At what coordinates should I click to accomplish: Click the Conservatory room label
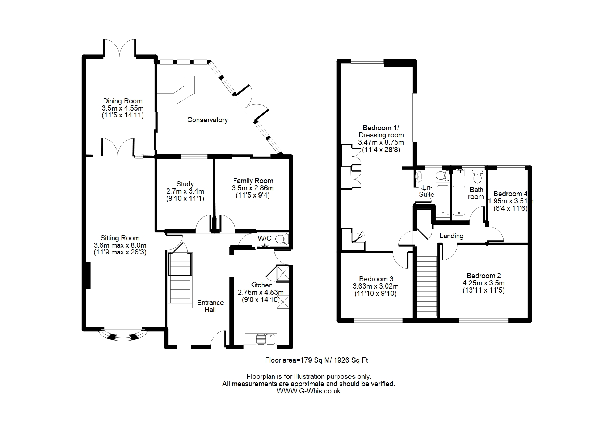[x=207, y=120]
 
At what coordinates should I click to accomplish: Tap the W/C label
[x=265, y=238]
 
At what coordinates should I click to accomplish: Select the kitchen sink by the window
[x=266, y=339]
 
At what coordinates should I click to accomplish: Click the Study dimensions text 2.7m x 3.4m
[x=185, y=191]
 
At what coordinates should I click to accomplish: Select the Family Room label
[x=253, y=181]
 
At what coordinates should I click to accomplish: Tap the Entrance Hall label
[x=210, y=306]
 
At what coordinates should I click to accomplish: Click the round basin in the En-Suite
[x=419, y=177]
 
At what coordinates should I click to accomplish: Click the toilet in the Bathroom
[x=478, y=176]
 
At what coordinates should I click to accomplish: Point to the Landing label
[x=451, y=236]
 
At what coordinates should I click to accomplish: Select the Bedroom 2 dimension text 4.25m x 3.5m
[x=484, y=283]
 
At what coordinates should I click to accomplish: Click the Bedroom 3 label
[x=377, y=279]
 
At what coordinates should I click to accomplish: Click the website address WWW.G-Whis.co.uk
[x=308, y=391]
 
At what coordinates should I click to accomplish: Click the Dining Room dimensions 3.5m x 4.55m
[x=123, y=108]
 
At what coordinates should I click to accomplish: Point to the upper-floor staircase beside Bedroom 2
[x=427, y=287]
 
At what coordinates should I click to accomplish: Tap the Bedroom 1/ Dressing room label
[x=381, y=132]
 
